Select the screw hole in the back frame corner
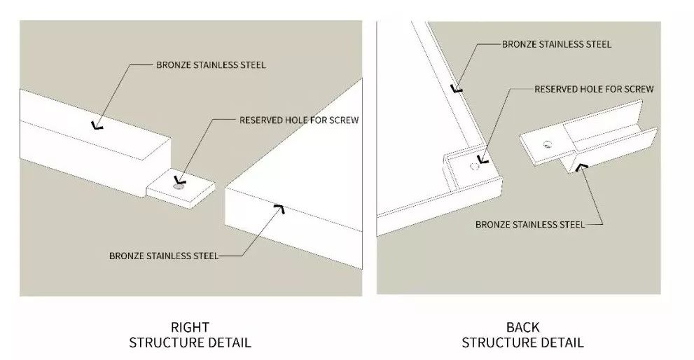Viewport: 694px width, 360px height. (475, 167)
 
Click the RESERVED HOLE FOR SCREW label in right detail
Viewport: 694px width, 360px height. (299, 120)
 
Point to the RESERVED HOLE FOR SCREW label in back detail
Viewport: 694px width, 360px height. (594, 89)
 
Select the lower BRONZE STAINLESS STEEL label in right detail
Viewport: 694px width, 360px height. (164, 256)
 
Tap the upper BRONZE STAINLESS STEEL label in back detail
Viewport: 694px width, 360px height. (556, 44)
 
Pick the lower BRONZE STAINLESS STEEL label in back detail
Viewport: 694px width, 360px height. (529, 225)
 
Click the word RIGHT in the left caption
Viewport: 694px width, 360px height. (190, 327)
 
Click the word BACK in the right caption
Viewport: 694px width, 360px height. (522, 327)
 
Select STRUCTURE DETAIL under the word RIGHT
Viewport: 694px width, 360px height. (190, 342)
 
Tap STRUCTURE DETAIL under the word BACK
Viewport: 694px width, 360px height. (522, 342)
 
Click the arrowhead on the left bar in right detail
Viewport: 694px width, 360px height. (95, 127)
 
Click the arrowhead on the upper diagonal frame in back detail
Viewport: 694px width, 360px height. (456, 89)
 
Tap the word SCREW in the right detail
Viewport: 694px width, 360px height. (343, 120)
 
